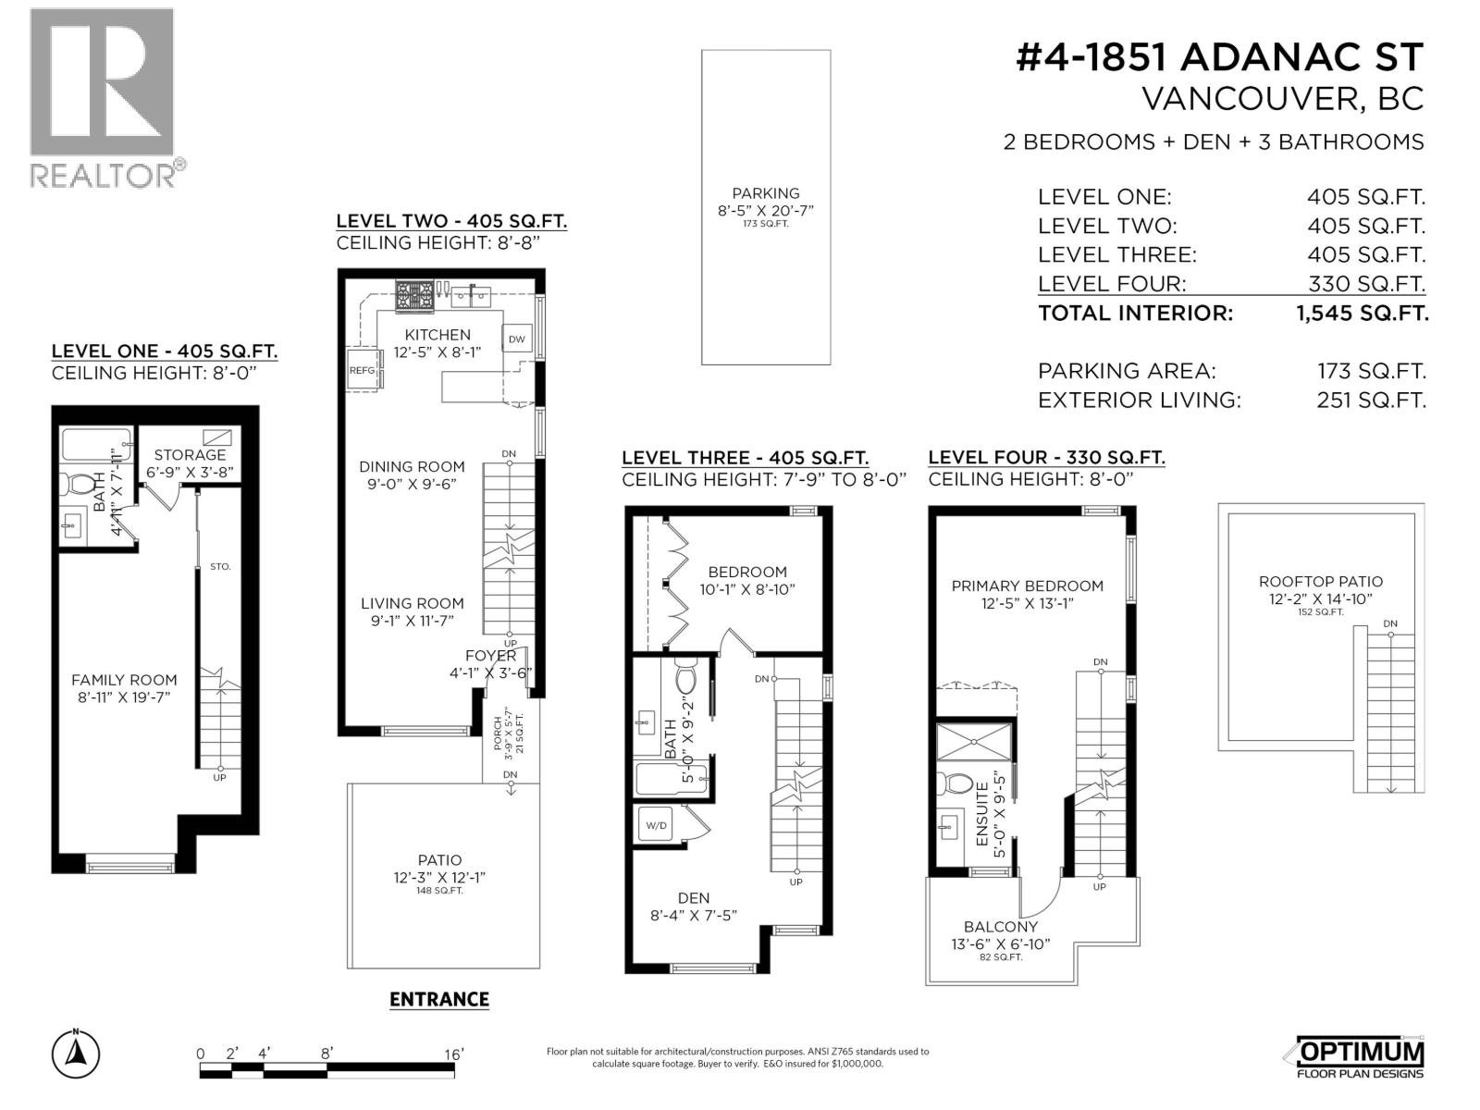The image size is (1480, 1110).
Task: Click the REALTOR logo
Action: (102, 96)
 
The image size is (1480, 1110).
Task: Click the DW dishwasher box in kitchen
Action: (516, 339)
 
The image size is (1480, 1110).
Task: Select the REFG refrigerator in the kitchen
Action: (363, 370)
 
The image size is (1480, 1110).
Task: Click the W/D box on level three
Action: (656, 825)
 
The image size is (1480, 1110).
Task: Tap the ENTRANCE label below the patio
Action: (438, 999)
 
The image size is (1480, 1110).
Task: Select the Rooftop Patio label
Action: (1320, 582)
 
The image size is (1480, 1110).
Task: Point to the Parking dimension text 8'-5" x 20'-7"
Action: (765, 210)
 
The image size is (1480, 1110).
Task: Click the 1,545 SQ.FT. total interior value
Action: (1362, 313)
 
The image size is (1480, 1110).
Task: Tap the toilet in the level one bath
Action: (83, 484)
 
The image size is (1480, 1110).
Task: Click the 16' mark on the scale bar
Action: (452, 1054)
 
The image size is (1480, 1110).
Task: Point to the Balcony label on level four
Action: (1000, 926)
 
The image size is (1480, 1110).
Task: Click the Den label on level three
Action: (693, 898)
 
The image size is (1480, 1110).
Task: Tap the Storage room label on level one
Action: (190, 454)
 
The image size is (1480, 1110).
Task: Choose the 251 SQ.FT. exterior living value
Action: (1371, 401)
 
